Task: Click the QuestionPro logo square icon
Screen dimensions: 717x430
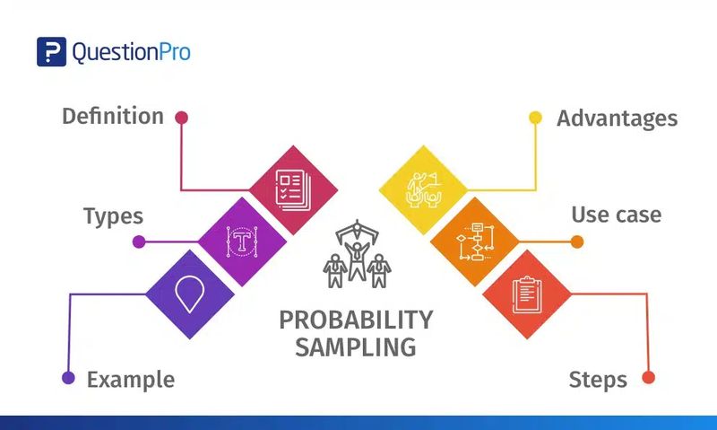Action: [x=51, y=52]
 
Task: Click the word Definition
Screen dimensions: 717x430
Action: [x=113, y=116]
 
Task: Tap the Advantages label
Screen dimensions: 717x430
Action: [x=617, y=118]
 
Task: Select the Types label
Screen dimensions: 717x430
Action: [x=113, y=216]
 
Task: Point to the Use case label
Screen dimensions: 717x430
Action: [x=617, y=215]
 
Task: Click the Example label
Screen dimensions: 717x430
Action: [x=131, y=380]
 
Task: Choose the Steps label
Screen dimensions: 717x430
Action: [x=598, y=380]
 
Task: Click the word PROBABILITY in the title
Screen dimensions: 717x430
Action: [x=356, y=320]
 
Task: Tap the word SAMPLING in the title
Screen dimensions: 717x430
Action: [x=356, y=347]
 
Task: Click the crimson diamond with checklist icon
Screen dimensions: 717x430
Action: [x=293, y=190]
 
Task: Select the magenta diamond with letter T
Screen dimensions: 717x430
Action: [x=242, y=241]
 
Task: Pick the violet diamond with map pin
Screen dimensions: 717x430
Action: [x=190, y=294]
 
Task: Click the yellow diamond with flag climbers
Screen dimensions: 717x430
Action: [x=423, y=190]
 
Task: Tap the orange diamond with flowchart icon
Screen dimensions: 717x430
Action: [x=476, y=241]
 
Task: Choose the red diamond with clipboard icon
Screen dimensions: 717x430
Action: [x=527, y=294]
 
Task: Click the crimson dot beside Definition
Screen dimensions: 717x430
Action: [x=182, y=118]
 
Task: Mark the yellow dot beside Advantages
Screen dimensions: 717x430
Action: [x=535, y=118]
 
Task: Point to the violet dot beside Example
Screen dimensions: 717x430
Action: [x=69, y=378]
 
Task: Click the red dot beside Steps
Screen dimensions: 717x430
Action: [x=648, y=378]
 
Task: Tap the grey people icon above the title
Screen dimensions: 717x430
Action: [x=357, y=254]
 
